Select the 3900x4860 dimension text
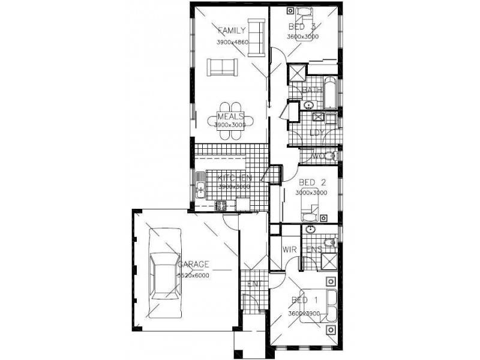tap(233, 42)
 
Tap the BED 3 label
tap(302, 27)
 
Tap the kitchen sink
tap(200, 186)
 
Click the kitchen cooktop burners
tap(221, 205)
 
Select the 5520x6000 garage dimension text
tap(193, 275)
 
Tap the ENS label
tap(314, 248)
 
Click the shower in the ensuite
tap(329, 260)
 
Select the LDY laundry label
tap(316, 133)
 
